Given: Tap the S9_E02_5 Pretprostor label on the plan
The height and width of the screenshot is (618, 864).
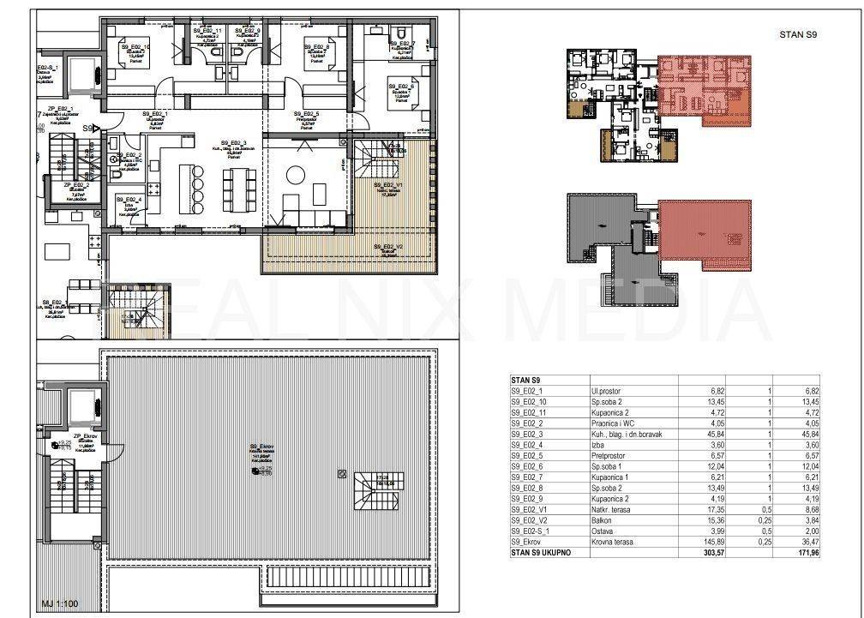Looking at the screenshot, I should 306,117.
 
